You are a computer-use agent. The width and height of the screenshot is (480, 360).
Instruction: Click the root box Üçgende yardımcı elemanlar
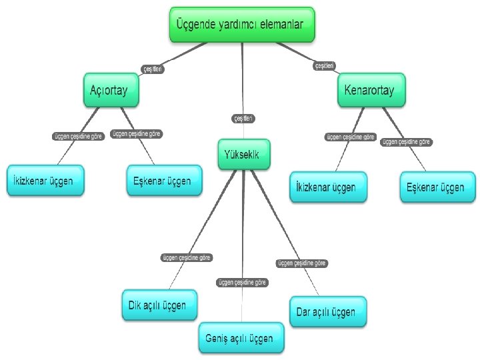click(240, 24)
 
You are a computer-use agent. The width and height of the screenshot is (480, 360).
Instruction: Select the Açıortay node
click(111, 89)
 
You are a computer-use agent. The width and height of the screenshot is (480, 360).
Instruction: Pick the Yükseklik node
click(243, 155)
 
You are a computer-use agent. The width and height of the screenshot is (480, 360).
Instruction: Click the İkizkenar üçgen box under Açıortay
click(45, 181)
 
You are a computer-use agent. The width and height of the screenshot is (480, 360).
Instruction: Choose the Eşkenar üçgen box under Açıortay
click(163, 181)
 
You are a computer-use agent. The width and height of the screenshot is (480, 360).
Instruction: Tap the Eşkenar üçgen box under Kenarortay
click(438, 187)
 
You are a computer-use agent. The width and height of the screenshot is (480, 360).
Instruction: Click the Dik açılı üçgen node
click(159, 305)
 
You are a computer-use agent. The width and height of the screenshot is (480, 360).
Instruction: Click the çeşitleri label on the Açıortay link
click(153, 68)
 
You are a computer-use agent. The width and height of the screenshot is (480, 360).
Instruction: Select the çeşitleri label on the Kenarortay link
click(325, 65)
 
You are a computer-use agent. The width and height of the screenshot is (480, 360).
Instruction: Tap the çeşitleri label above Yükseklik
click(243, 118)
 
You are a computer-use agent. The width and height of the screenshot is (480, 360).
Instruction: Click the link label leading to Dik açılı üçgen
click(187, 257)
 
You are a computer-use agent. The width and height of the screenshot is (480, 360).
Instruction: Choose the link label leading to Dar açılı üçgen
click(302, 263)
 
